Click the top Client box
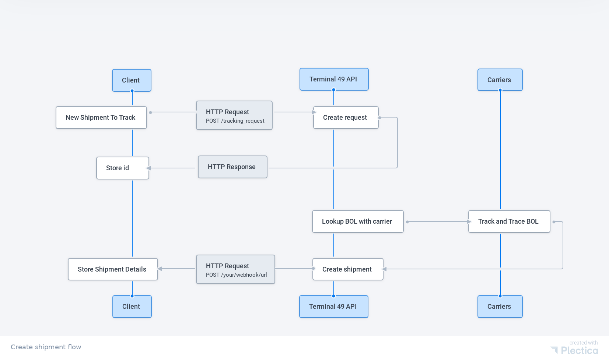132,80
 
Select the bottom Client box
132,307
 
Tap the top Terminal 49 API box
334,79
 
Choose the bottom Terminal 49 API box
333,307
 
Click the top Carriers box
500,80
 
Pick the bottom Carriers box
500,307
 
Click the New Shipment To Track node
101,118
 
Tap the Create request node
346,118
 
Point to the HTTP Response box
232,167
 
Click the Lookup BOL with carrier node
357,221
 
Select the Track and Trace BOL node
509,221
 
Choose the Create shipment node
347,269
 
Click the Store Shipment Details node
112,269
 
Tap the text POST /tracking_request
235,121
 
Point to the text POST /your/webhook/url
236,275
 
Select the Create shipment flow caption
46,347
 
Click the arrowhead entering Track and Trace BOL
469,221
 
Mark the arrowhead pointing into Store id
149,168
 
